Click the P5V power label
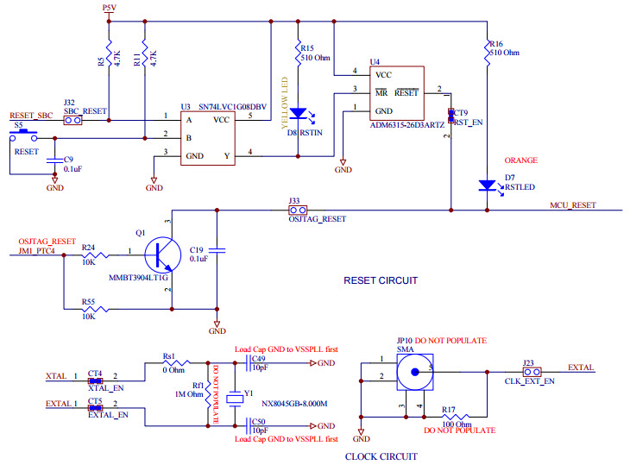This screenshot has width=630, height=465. pyautogui.click(x=108, y=7)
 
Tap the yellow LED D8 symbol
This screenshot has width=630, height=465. pyautogui.click(x=298, y=113)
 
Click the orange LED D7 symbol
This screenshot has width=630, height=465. pyautogui.click(x=487, y=185)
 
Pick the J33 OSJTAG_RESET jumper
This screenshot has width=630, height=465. pyautogui.click(x=299, y=210)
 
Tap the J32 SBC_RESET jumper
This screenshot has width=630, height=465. pyautogui.click(x=73, y=120)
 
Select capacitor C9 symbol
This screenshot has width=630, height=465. pyautogui.click(x=54, y=161)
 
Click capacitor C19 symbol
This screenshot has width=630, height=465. pyautogui.click(x=217, y=250)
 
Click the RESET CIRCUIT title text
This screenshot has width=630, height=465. pyautogui.click(x=380, y=280)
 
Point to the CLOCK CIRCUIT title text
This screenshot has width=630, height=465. pyautogui.click(x=381, y=456)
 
